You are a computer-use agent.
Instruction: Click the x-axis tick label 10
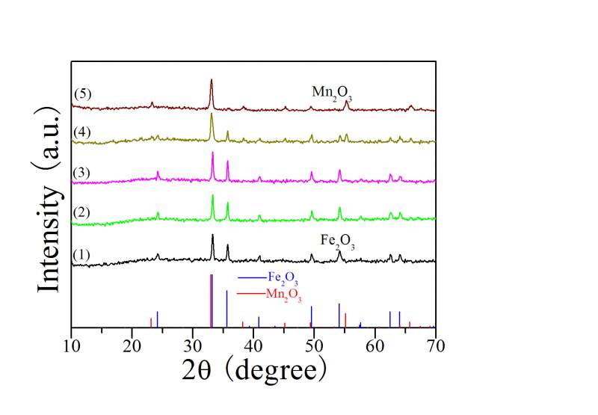[71, 345]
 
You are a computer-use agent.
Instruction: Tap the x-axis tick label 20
[132, 345]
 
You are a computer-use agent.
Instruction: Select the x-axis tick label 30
[193, 345]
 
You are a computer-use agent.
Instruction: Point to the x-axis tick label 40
[253, 345]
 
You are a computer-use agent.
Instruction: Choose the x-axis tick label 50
[314, 345]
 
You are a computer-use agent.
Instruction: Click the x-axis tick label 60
[374, 345]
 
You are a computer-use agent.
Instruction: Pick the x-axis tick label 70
[435, 345]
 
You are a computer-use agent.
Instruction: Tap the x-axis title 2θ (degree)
[254, 369]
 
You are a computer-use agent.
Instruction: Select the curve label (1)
[81, 254]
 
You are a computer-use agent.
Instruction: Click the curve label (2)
[81, 212]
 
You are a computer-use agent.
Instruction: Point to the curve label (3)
[81, 173]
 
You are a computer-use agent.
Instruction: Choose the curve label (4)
[81, 132]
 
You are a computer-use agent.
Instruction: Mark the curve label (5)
[81, 93]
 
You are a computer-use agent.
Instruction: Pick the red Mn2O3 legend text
[283, 295]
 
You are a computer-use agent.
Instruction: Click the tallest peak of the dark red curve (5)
[212, 81]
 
